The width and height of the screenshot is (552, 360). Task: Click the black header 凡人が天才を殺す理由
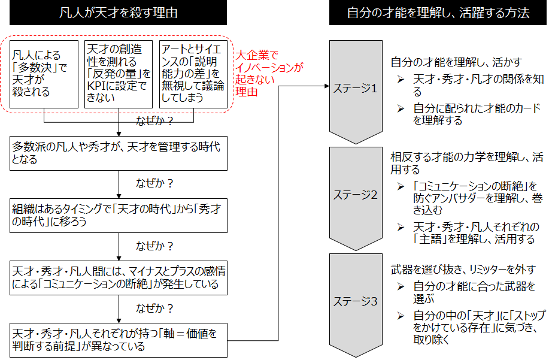[x=119, y=13]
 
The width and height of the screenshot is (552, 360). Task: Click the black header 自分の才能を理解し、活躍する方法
[x=438, y=13]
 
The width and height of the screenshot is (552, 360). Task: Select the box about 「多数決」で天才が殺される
[x=44, y=74]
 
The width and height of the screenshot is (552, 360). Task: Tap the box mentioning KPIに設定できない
[x=119, y=74]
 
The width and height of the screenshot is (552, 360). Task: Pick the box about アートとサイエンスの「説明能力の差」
[x=193, y=74]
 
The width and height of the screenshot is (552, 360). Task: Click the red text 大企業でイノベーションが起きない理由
[x=266, y=73]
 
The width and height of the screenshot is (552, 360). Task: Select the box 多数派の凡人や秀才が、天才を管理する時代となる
[x=119, y=153]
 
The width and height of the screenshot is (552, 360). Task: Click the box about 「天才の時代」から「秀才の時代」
[x=119, y=216]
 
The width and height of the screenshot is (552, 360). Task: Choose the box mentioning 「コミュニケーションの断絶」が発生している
[x=119, y=278]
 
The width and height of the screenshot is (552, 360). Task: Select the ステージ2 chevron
[x=356, y=195]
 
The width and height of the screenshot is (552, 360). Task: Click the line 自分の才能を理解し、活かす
[x=456, y=62]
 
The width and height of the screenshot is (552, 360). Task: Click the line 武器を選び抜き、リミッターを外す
[x=463, y=270]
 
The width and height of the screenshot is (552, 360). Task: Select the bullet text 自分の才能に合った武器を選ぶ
[x=474, y=292]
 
